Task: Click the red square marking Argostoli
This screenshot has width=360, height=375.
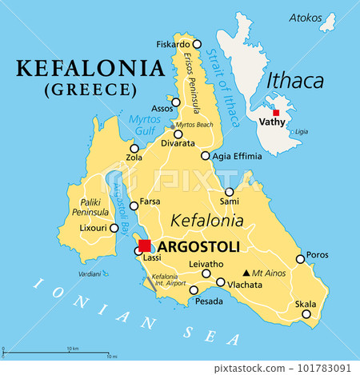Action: pos(145,245)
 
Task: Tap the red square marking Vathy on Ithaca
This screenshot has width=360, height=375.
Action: pos(276,113)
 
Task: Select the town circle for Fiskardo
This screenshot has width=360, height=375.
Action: pos(198,44)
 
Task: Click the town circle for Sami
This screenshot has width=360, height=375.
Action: pos(230,192)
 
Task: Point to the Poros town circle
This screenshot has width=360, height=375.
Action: pos(300,258)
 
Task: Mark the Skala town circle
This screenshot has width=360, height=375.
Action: pos(306,314)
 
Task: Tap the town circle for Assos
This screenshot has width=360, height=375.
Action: pos(176,102)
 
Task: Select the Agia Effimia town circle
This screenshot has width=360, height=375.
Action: pos(206,157)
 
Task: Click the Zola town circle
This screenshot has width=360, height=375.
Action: pos(134,148)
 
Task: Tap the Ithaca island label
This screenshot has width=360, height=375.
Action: pos(295,81)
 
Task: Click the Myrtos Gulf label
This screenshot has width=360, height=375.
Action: pos(146,125)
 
